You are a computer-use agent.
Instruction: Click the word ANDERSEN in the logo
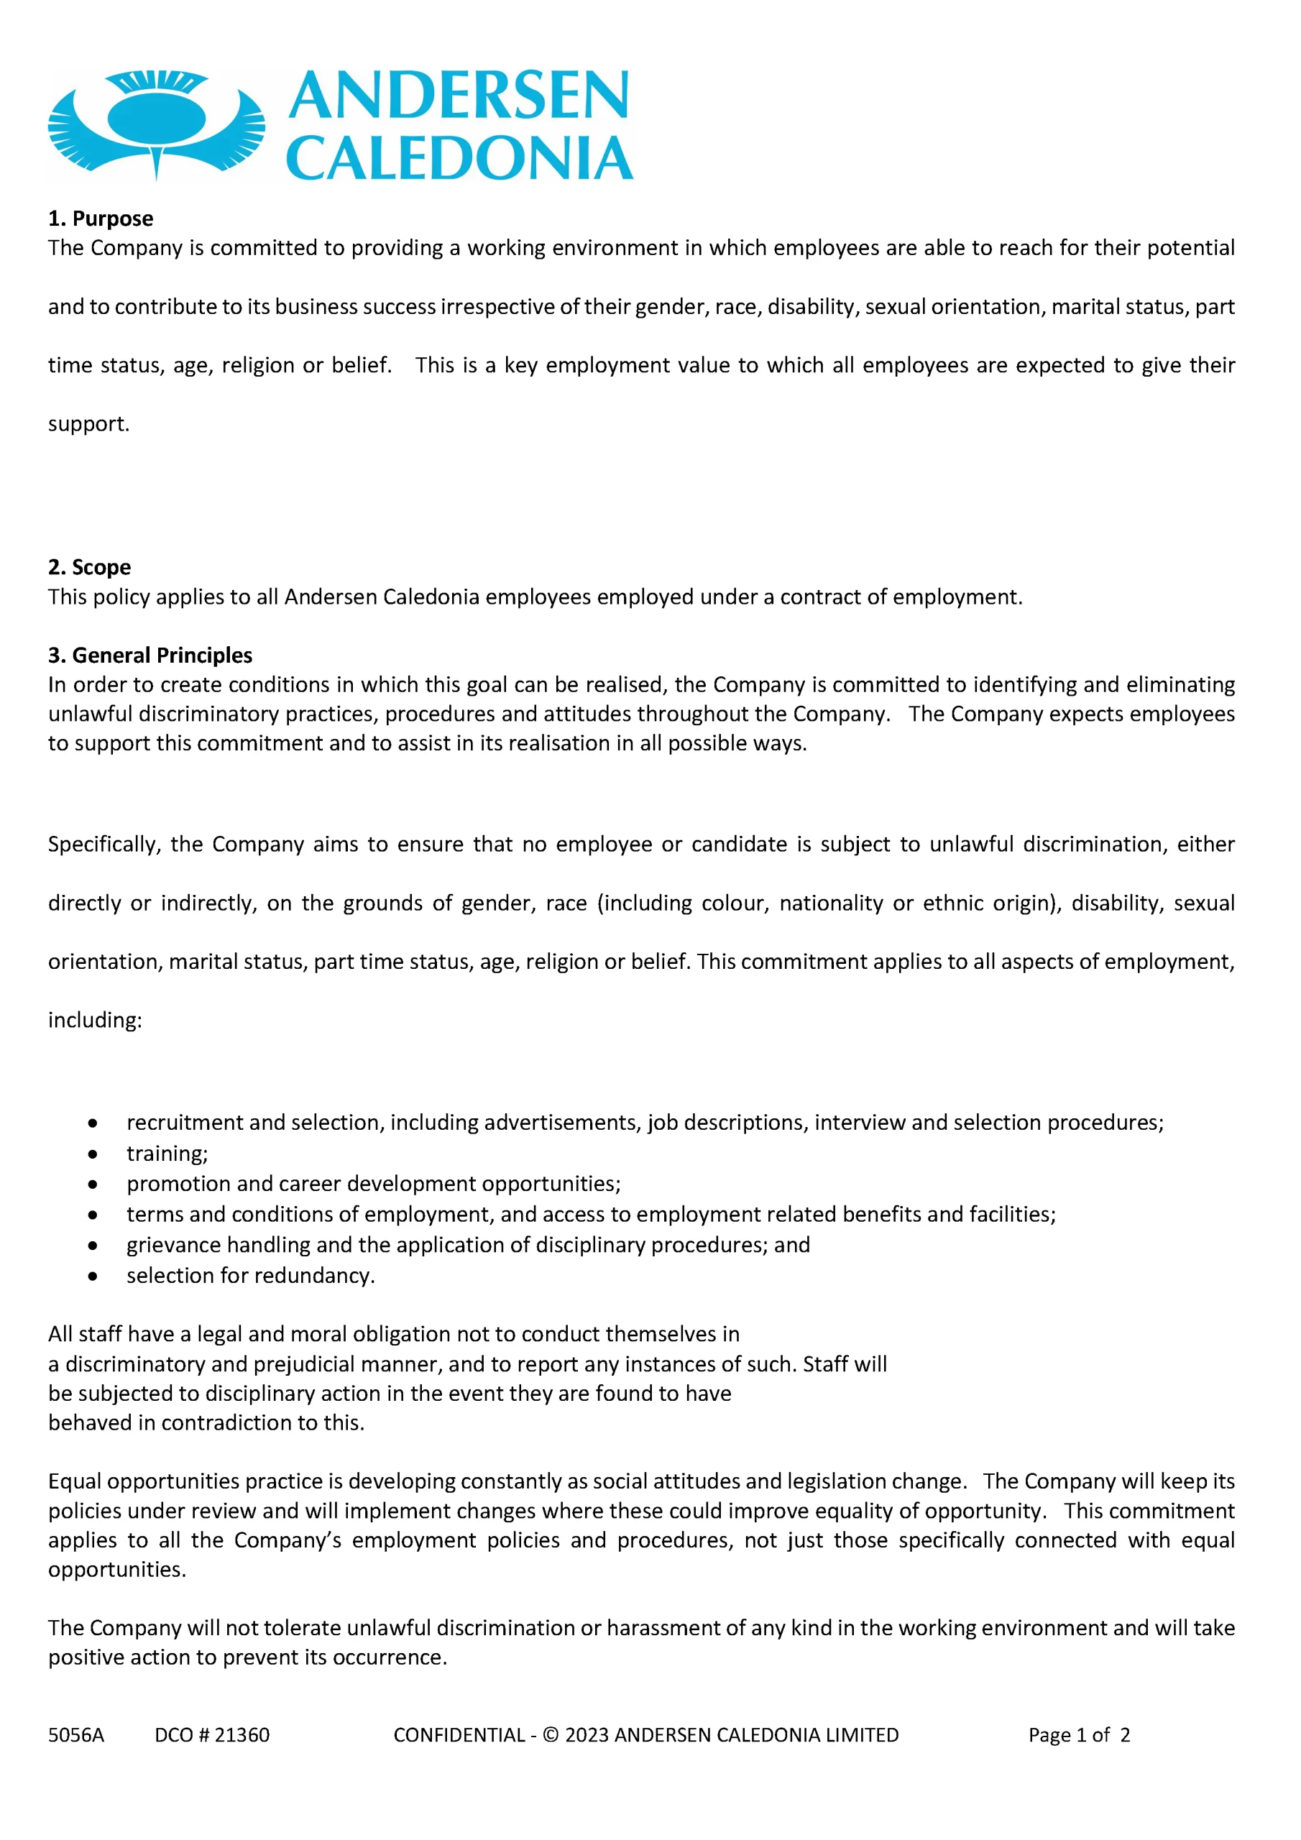click(x=459, y=96)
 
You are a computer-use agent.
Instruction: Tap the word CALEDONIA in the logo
click(x=459, y=158)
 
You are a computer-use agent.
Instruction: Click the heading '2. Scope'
click(x=89, y=566)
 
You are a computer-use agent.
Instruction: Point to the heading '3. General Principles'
click(x=150, y=655)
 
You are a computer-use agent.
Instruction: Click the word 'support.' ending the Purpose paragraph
click(x=88, y=423)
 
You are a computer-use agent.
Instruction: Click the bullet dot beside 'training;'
click(x=93, y=1154)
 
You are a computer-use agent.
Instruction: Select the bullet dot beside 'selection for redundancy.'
click(x=93, y=1276)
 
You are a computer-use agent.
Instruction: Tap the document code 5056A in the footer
click(x=76, y=1735)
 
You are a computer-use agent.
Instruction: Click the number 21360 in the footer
click(x=242, y=1735)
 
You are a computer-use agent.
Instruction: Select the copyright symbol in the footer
click(x=550, y=1735)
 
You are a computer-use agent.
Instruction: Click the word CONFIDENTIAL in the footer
click(x=459, y=1735)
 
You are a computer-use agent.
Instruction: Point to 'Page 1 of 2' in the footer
click(x=1079, y=1735)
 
